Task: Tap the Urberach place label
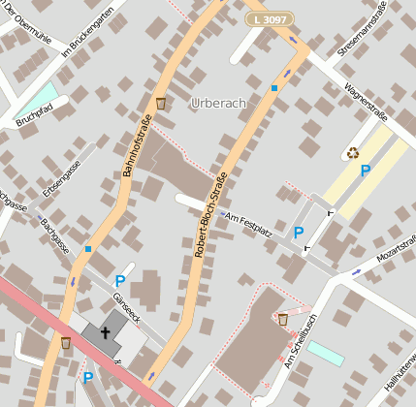coord(219,103)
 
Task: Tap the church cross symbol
coord(104,331)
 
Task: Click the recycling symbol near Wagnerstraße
coord(353,152)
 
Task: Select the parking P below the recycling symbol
coord(366,171)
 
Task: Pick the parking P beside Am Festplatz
coord(299,233)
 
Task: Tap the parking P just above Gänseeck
coord(120,281)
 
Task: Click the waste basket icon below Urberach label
coord(161,103)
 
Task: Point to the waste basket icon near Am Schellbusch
coord(282,319)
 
